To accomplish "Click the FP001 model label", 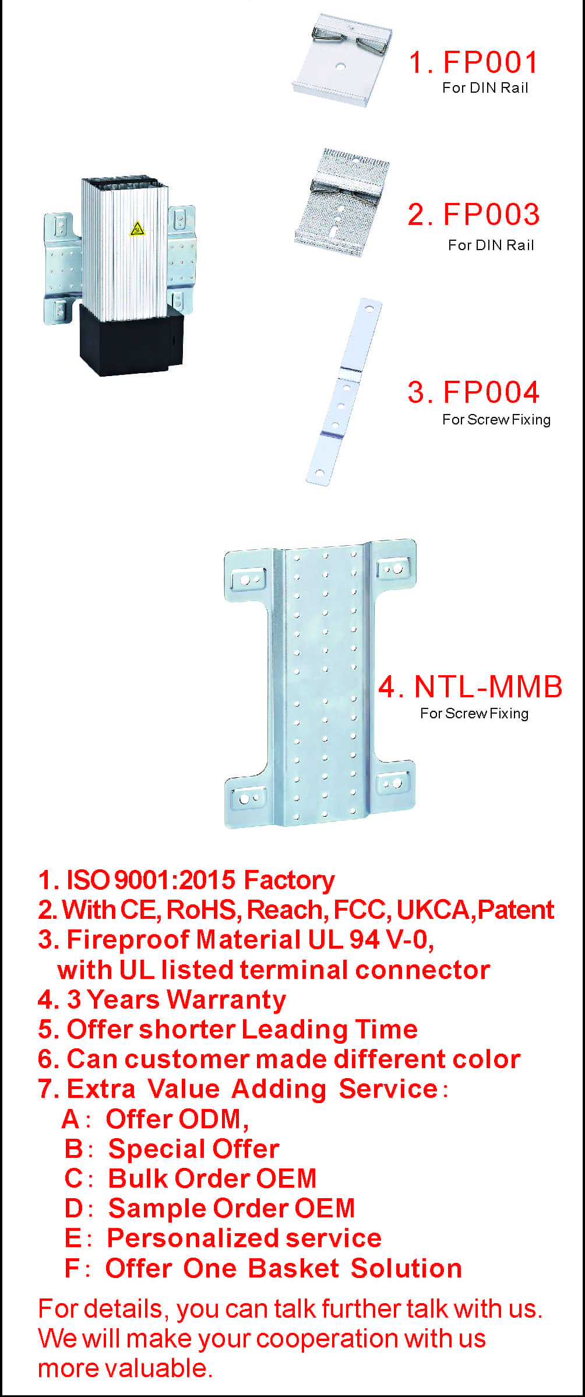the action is pos(490,62).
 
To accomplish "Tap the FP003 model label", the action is pos(491,215).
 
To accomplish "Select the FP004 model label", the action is pos(491,392).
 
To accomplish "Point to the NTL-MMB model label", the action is pos(488,686).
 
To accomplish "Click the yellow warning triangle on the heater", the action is pos(137,229).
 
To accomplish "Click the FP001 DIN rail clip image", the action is pos(342,60).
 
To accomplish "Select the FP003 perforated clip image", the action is pos(342,202).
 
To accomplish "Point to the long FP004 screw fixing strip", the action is pos(344,391).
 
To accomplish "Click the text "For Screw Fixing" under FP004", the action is pos(496,420).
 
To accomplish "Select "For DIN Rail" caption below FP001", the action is pos(485,87).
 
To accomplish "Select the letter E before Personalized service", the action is pos(73,1238).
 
